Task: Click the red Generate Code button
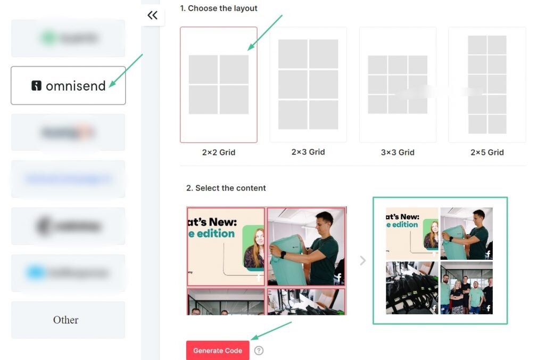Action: pos(218,350)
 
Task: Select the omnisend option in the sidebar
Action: pos(68,86)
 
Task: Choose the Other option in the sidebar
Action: pos(68,320)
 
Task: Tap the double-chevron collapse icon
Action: pos(153,15)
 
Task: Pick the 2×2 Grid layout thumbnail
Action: pos(219,85)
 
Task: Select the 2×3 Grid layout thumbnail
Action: pos(308,85)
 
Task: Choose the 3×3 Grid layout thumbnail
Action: pos(398,85)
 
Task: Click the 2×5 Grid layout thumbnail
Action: pos(487,85)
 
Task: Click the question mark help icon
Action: pos(259,350)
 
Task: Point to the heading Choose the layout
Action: pos(219,9)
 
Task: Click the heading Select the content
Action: pos(226,188)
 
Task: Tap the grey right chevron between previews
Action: pos(363,261)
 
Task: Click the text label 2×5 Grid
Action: pos(487,152)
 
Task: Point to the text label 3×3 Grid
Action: pos(398,152)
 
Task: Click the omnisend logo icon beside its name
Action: pos(36,86)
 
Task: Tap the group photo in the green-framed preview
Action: pos(466,288)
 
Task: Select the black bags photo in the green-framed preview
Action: pos(412,288)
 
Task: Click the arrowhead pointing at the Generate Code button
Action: pos(254,337)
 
